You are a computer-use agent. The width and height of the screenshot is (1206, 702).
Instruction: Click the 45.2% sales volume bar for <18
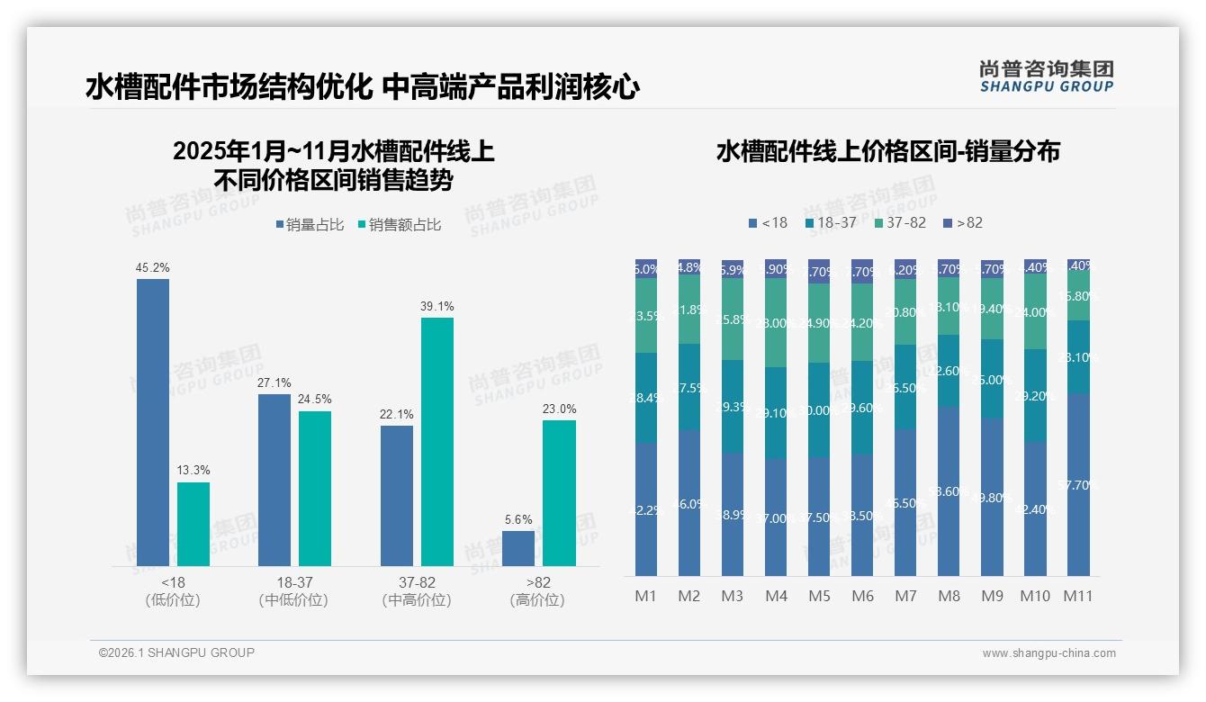[x=153, y=422]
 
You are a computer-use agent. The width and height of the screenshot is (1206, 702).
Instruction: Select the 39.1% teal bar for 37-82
[x=436, y=441]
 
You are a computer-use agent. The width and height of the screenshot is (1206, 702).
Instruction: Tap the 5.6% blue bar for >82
[x=518, y=548]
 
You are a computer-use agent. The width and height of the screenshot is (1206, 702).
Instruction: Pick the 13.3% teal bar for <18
[x=193, y=524]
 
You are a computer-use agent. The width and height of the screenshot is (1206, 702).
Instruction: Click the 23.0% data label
[x=560, y=409]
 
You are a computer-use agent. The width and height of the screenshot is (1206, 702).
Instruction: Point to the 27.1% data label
[x=274, y=382]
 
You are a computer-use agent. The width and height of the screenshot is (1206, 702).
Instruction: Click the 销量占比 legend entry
[x=310, y=225]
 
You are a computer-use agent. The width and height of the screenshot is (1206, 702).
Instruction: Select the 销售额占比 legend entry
[x=399, y=225]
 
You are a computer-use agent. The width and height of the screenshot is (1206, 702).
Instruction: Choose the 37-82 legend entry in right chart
[x=899, y=222]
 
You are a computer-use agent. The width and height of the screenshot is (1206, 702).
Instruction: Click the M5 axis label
[x=819, y=596]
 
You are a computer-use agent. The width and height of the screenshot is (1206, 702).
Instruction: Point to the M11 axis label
[x=1078, y=596]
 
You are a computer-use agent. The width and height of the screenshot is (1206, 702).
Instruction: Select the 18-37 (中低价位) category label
[x=293, y=591]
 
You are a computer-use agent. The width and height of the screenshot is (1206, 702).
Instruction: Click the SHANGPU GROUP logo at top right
[x=1046, y=76]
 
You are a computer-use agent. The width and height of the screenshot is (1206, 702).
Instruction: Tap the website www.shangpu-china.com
[x=1048, y=653]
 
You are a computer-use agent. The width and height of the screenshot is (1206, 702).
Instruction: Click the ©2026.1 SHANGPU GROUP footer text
[x=176, y=652]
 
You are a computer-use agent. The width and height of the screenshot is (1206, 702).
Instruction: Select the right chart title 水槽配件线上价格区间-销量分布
[x=887, y=151]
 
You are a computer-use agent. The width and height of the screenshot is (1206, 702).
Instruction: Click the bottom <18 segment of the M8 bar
[x=949, y=490]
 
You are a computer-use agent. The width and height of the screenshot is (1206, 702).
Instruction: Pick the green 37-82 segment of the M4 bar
[x=776, y=322]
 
